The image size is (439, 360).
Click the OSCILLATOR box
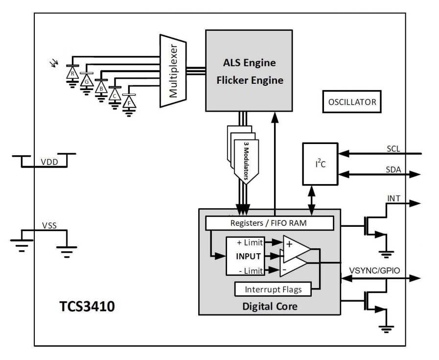[x=352, y=102]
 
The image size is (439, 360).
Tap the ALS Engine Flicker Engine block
[x=249, y=71]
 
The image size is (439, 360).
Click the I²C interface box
[x=320, y=164]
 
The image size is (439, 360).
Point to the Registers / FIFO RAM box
[x=269, y=223]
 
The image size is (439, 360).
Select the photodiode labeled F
[x=129, y=102]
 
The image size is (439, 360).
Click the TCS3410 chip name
[x=87, y=307]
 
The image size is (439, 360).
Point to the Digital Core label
[x=270, y=307]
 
